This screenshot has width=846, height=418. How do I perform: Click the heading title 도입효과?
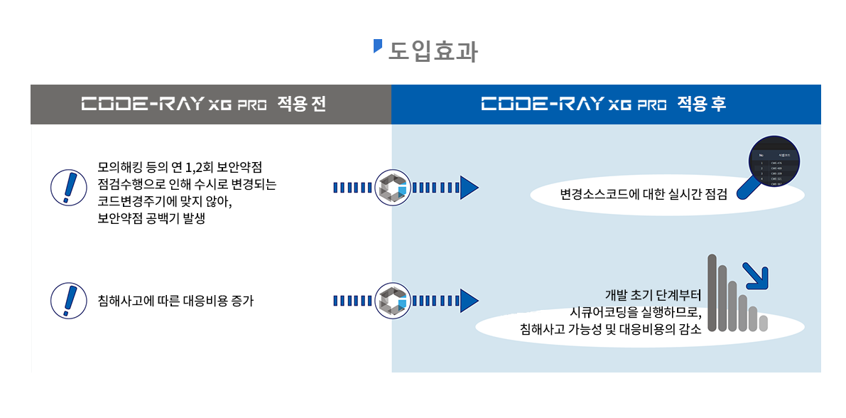click(433, 52)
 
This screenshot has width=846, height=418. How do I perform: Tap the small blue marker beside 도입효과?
click(378, 46)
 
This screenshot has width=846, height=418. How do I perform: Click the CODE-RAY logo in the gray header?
click(174, 105)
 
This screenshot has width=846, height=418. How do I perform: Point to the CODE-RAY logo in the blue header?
click(574, 105)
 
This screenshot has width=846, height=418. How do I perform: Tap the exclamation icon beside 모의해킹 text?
click(69, 188)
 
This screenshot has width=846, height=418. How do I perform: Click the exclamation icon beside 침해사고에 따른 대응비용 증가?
click(69, 300)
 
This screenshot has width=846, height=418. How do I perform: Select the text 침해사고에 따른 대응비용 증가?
click(175, 301)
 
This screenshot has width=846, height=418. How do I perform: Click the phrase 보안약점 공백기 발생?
click(151, 219)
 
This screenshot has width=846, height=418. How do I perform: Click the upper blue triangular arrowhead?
click(469, 188)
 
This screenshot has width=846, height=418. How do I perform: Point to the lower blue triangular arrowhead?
click(469, 300)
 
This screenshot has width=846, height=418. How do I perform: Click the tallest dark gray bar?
click(712, 293)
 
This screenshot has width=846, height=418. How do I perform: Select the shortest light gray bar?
click(764, 323)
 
